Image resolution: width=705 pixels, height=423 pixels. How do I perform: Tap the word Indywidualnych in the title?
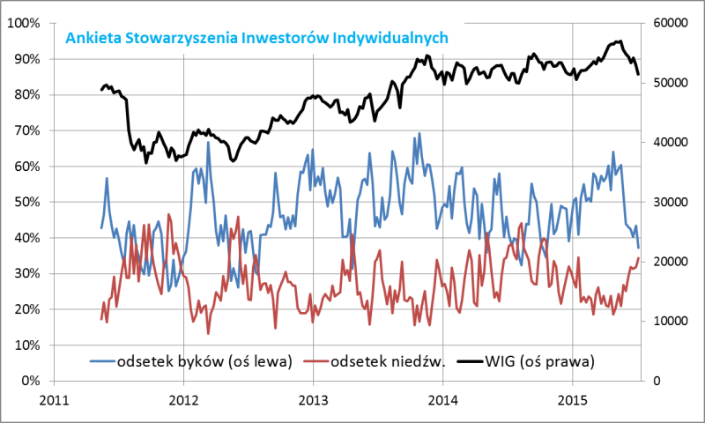(x=398, y=38)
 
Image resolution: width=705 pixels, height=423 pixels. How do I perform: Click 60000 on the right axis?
(x=671, y=23)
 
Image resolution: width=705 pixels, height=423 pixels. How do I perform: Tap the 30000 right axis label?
(x=671, y=202)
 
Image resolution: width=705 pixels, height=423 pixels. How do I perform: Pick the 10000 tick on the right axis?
(x=671, y=321)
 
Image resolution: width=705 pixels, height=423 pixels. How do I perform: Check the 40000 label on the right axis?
(x=671, y=142)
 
